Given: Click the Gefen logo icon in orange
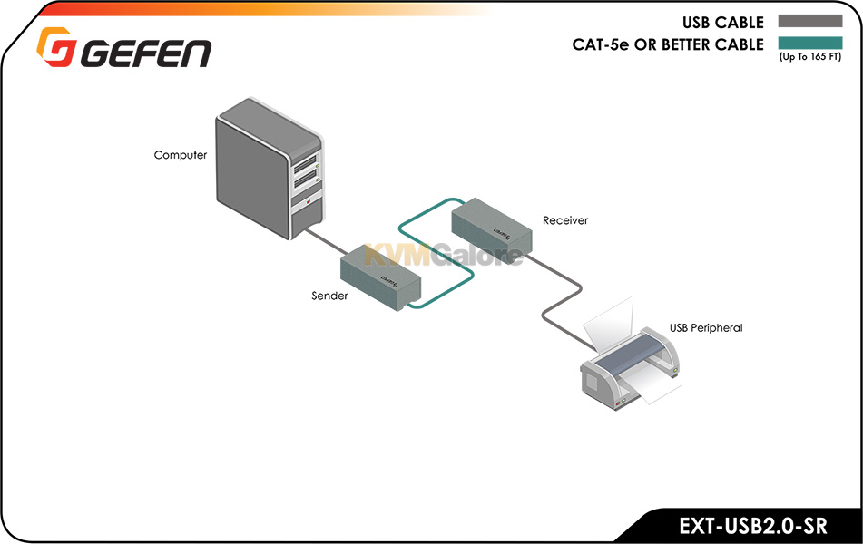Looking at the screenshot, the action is pos(55,47).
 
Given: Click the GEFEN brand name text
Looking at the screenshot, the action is pos(146,53).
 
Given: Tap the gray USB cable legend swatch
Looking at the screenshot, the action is pos(809,21).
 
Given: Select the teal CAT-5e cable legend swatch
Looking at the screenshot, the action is pos(809,43).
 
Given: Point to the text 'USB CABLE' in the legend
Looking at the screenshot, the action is pos(722,23).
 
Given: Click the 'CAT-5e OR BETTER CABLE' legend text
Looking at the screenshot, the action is pos(668,44).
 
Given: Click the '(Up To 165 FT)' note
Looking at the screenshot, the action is pos(809,56).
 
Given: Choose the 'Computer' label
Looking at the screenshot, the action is pos(181,155).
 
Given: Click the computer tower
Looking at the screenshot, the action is pos(269,169).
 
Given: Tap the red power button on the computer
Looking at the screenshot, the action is pos(309,202).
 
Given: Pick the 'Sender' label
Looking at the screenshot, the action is pos(329,296).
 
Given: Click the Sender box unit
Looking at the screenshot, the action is pos(380,277).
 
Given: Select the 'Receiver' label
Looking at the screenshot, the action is pos(565,220).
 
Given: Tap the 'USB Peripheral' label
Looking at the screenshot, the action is pos(706,328).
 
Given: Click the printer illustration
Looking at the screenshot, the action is pos(631,357).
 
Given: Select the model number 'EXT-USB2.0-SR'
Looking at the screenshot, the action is pos(753,526).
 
